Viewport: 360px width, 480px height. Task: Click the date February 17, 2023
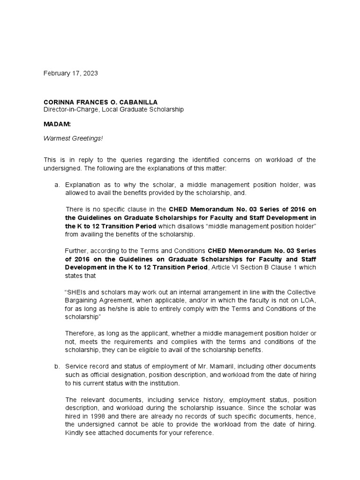[71, 74]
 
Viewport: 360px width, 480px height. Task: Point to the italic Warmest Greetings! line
[69, 139]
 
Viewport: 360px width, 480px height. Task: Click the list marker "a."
[57, 185]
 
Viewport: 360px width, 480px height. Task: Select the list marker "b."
[57, 366]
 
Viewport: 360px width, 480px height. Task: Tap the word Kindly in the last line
[75, 433]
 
